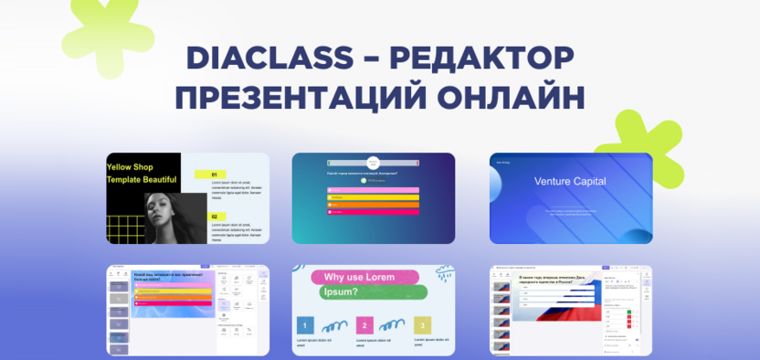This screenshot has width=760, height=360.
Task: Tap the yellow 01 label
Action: pos(212,174)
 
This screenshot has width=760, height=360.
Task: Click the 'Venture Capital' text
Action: pos(571,181)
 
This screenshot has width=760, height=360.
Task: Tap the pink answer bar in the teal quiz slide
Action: pos(373,212)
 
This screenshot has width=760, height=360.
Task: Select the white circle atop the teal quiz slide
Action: pos(373,163)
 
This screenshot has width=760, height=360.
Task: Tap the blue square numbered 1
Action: pos(305,324)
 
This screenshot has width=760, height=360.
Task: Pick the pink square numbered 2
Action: pos(364,324)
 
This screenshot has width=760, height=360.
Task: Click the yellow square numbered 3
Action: pos(421,324)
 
